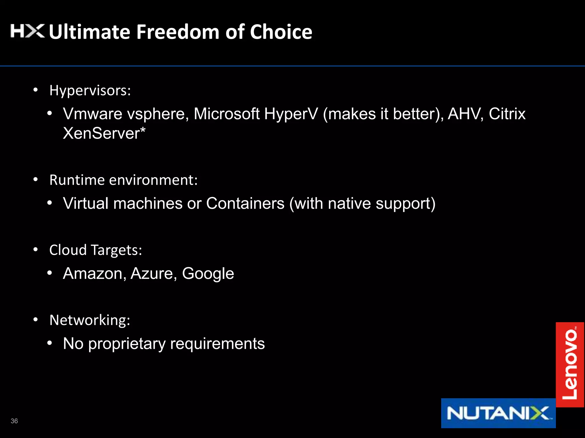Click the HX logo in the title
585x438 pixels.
click(27, 31)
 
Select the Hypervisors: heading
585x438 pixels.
click(90, 91)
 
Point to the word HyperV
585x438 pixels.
click(291, 114)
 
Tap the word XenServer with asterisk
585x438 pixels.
click(104, 133)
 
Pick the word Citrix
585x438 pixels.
click(507, 114)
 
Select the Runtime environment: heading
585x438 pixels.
click(123, 180)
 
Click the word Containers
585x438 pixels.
click(245, 203)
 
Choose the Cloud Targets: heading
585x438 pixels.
click(95, 250)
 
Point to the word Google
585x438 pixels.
click(208, 274)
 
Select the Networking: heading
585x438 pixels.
click(90, 320)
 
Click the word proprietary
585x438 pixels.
click(127, 344)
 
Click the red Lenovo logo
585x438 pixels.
click(570, 364)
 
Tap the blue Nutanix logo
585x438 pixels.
click(498, 413)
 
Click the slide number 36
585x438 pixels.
click(14, 421)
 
